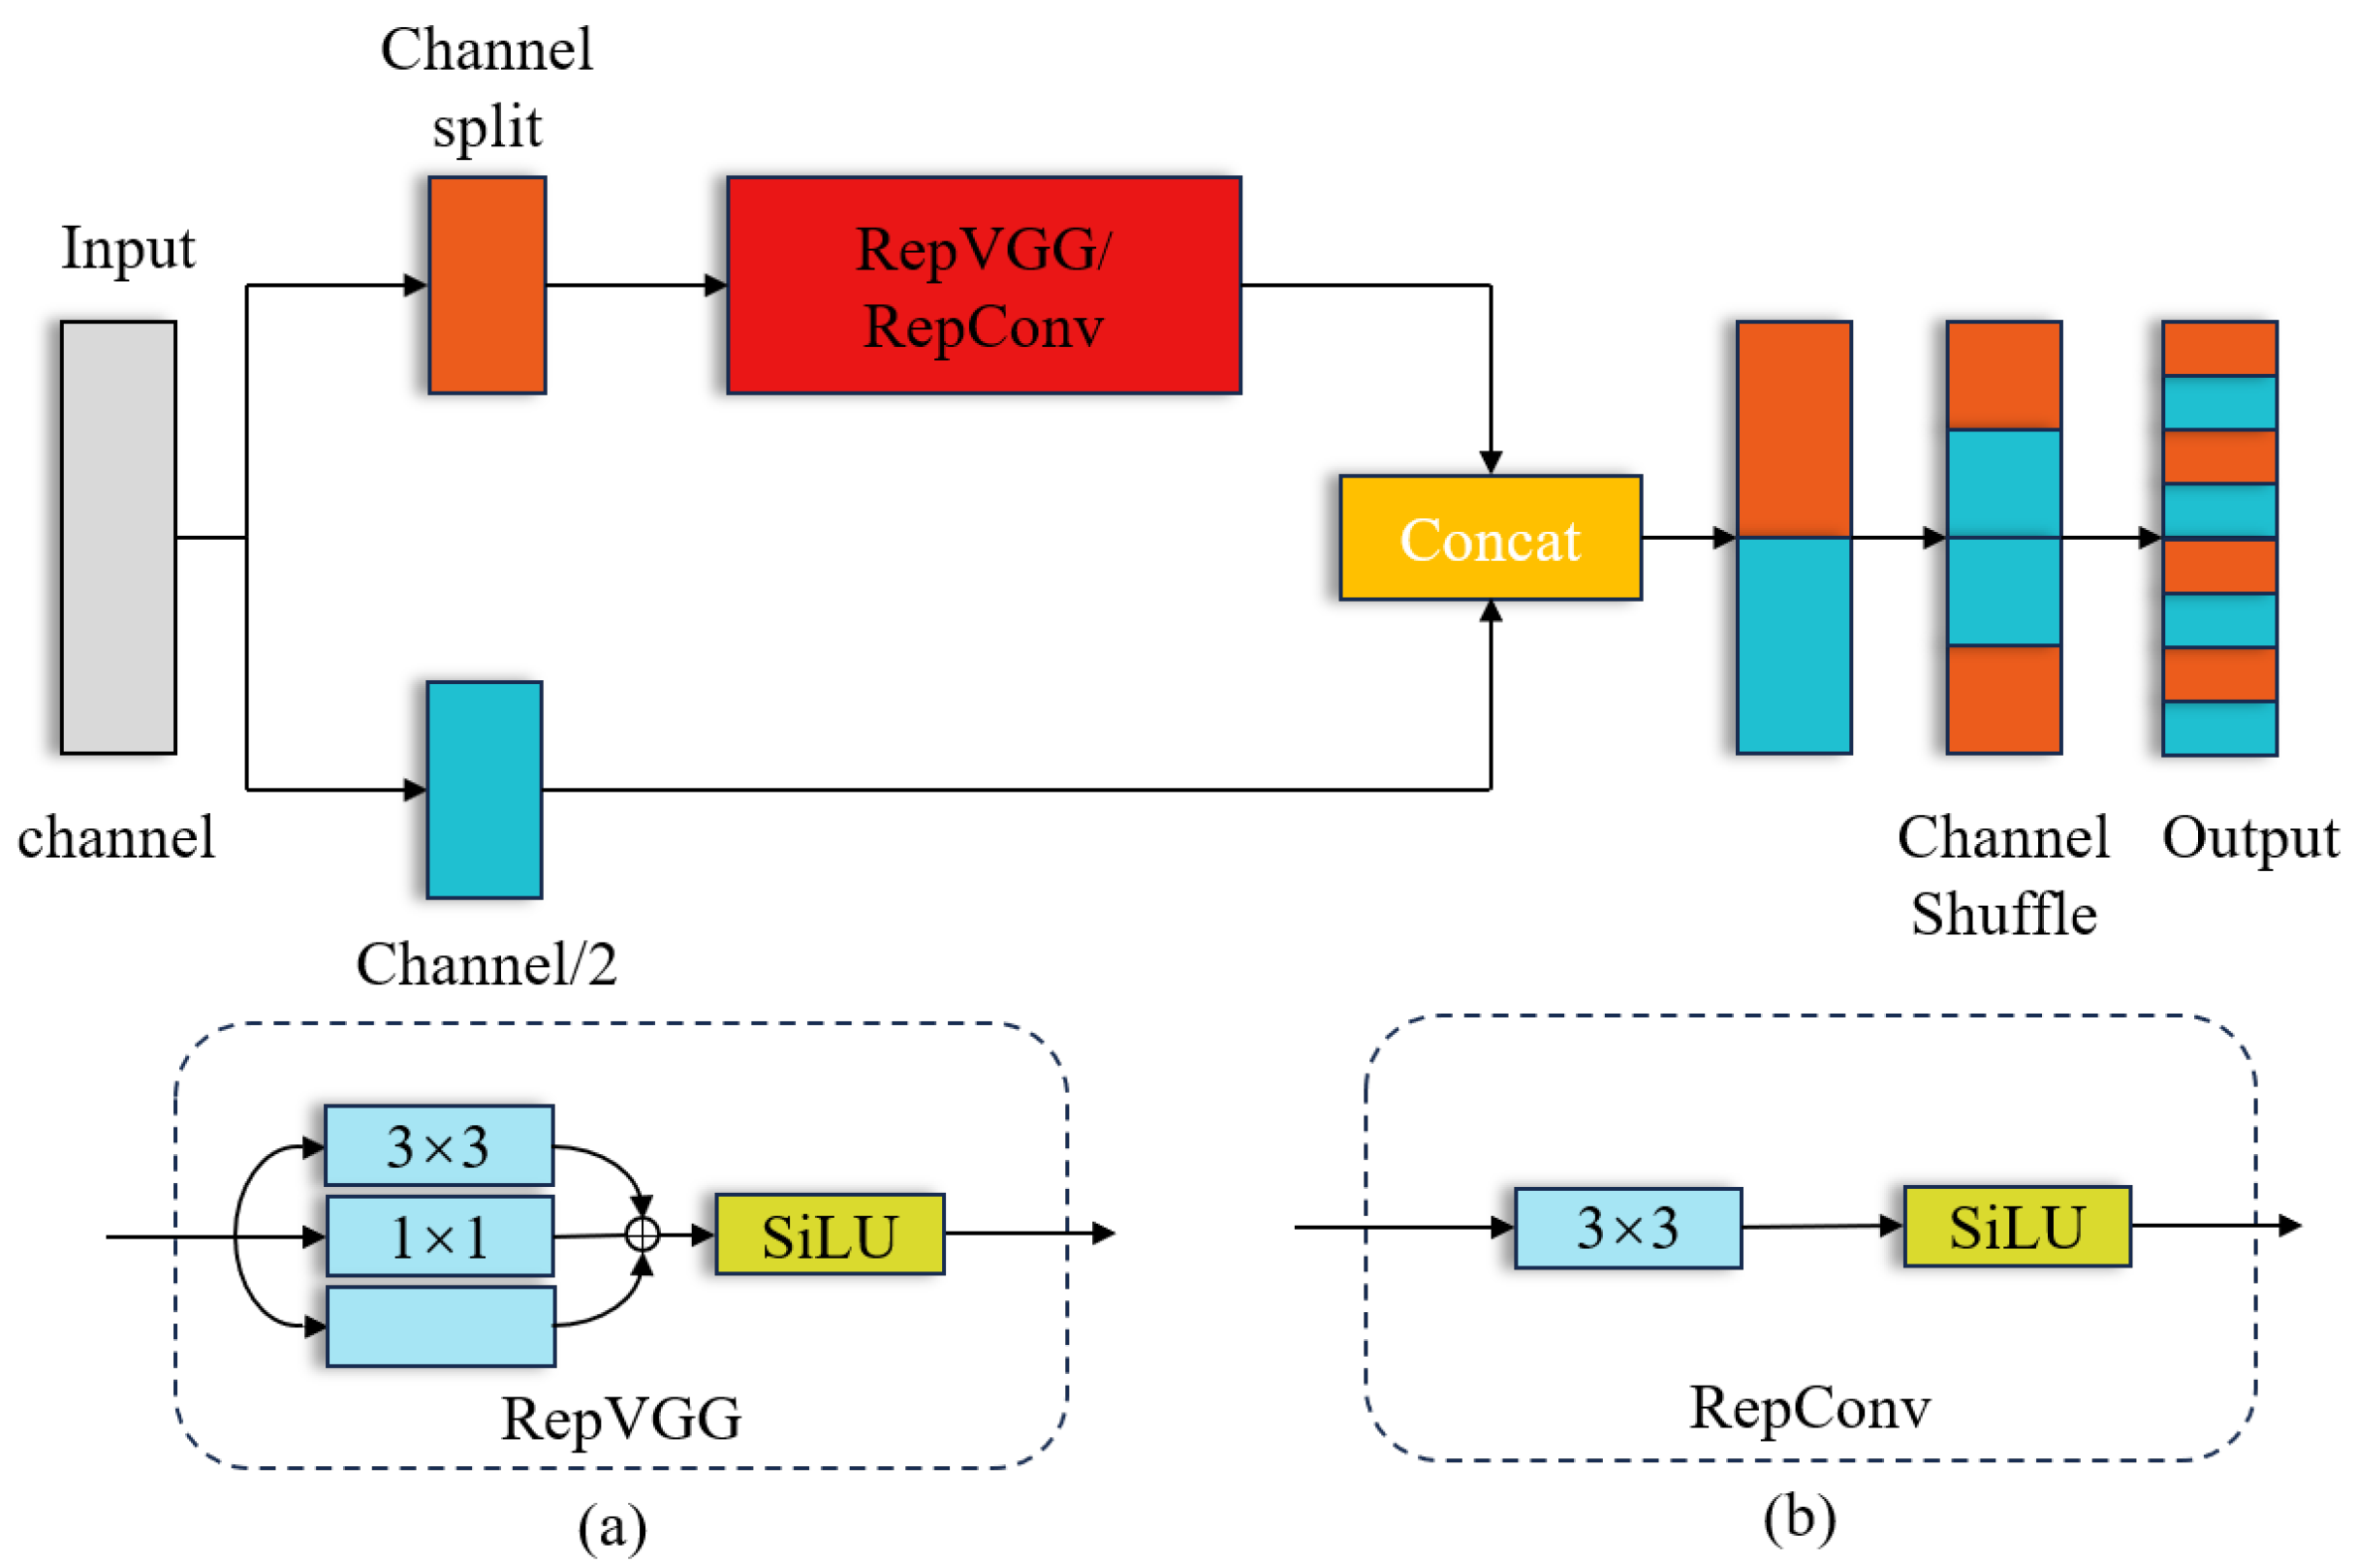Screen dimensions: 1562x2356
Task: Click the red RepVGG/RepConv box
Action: [x=983, y=285]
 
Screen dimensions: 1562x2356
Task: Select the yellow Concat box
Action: [x=1490, y=537]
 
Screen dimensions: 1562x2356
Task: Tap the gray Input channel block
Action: [x=117, y=537]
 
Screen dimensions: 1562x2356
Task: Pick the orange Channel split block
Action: [x=487, y=285]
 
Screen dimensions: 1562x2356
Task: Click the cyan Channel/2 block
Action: [x=485, y=789]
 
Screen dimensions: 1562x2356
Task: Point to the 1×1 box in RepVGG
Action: [x=439, y=1235]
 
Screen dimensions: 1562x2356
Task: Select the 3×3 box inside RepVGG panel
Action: [x=438, y=1144]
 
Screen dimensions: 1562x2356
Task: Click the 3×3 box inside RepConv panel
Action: [x=1627, y=1228]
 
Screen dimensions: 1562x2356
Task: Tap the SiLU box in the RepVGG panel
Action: [x=829, y=1234]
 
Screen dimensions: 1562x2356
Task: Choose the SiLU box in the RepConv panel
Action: [x=2016, y=1226]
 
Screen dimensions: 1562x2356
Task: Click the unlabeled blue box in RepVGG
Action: [x=440, y=1325]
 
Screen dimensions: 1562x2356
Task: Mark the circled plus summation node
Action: [x=643, y=1234]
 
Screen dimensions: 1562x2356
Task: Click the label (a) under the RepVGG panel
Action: [x=612, y=1525]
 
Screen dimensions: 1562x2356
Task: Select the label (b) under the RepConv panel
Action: [x=1799, y=1517]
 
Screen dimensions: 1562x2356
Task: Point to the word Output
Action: [x=2249, y=838]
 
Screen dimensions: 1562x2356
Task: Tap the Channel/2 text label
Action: [x=487, y=963]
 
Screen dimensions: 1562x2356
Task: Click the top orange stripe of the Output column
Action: [x=2218, y=348]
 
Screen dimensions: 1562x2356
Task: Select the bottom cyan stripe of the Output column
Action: [x=2218, y=729]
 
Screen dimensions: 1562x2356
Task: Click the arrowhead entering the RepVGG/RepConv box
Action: [x=715, y=285]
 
